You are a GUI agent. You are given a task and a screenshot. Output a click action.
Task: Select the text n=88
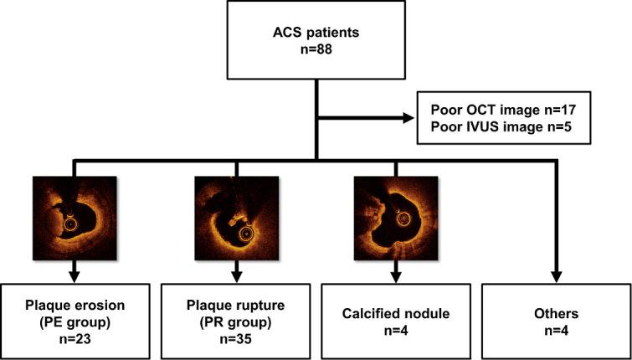point(315,58)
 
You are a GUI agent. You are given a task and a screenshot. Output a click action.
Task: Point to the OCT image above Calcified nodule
point(394,219)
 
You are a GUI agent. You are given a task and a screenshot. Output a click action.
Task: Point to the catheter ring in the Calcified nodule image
point(403,219)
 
